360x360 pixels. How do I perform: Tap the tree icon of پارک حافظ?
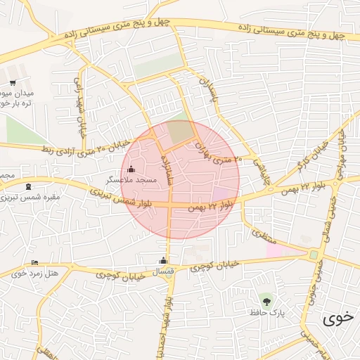coord(266,300)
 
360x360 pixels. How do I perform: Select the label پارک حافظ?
coord(266,312)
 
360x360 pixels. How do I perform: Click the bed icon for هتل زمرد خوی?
coord(34,263)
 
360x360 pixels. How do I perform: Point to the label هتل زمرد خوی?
coord(33,273)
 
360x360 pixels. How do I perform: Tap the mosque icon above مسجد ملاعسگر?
coord(131,169)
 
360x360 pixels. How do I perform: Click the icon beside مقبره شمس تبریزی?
coord(28,186)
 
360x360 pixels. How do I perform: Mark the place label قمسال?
coord(163,271)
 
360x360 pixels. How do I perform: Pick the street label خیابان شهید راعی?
coord(77,112)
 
